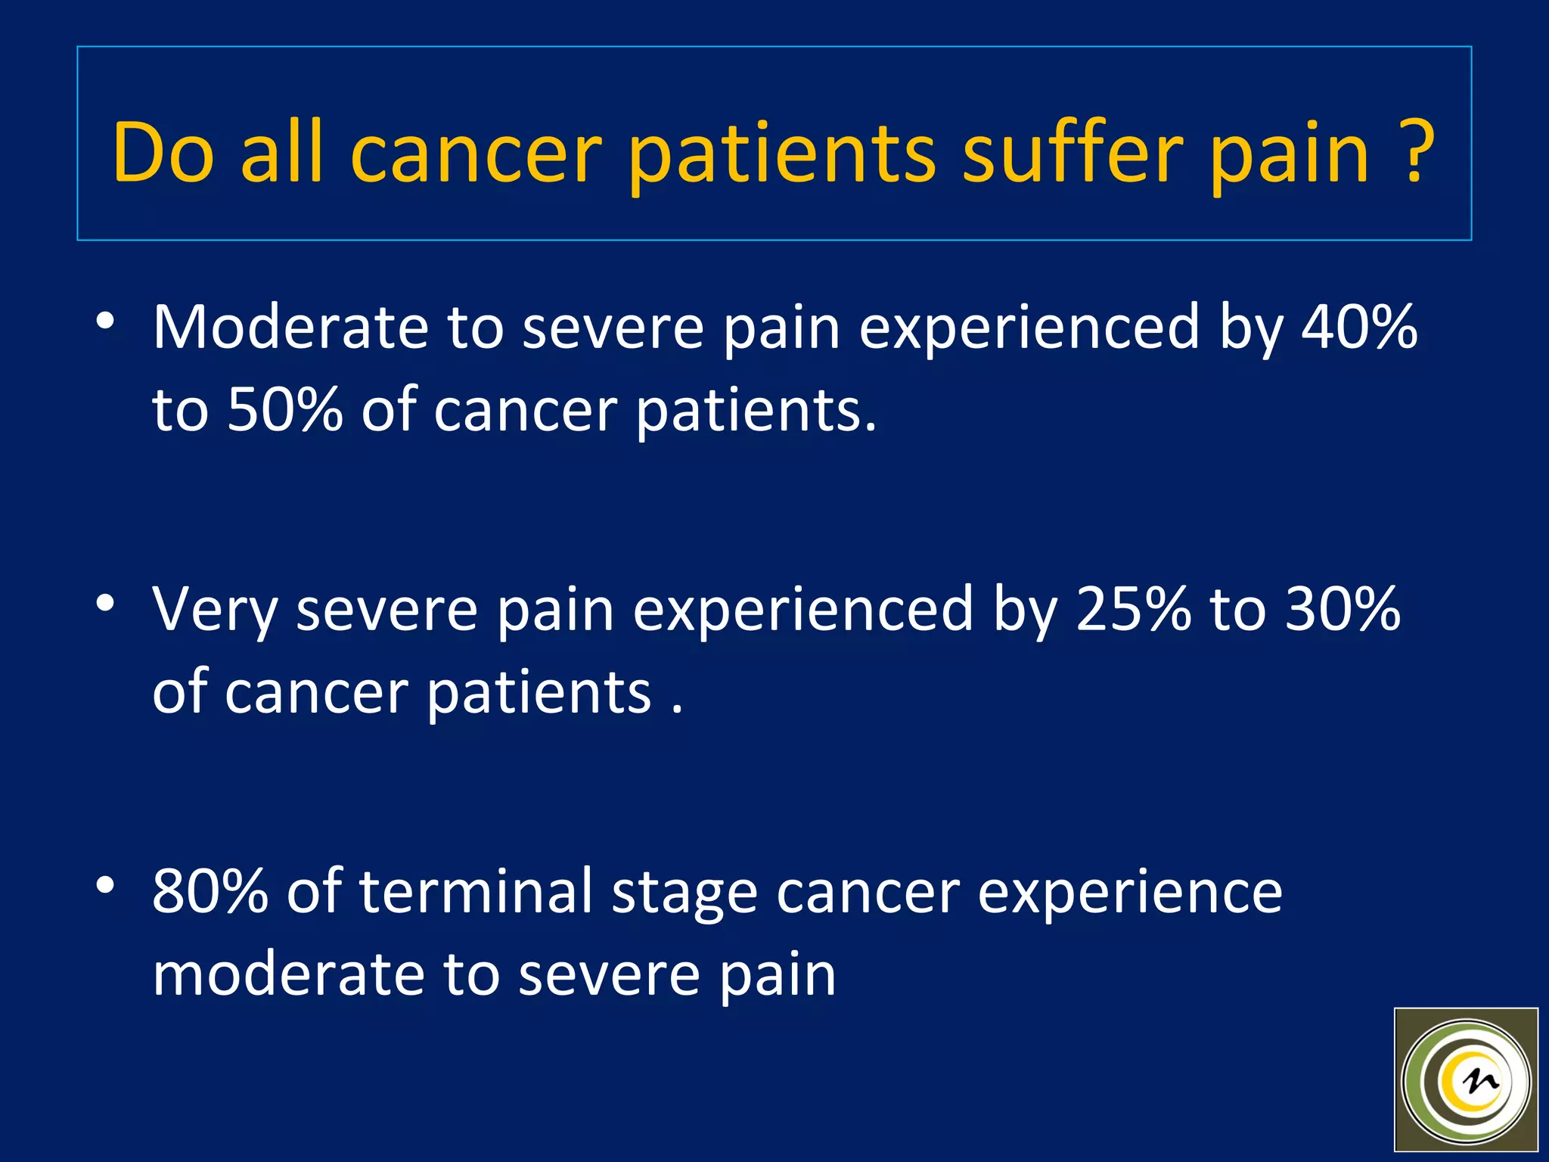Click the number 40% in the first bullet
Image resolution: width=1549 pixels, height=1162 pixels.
click(1359, 327)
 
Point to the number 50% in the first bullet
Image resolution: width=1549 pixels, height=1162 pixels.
click(285, 410)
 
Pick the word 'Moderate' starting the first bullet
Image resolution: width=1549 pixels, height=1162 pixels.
click(290, 327)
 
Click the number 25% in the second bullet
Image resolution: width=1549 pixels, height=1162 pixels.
click(1133, 609)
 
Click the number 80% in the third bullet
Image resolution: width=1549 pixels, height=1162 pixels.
click(210, 891)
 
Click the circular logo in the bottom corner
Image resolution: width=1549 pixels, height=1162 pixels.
click(1466, 1082)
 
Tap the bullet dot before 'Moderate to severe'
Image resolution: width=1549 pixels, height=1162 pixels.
click(105, 321)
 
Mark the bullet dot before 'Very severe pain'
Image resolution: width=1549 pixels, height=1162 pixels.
click(105, 603)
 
